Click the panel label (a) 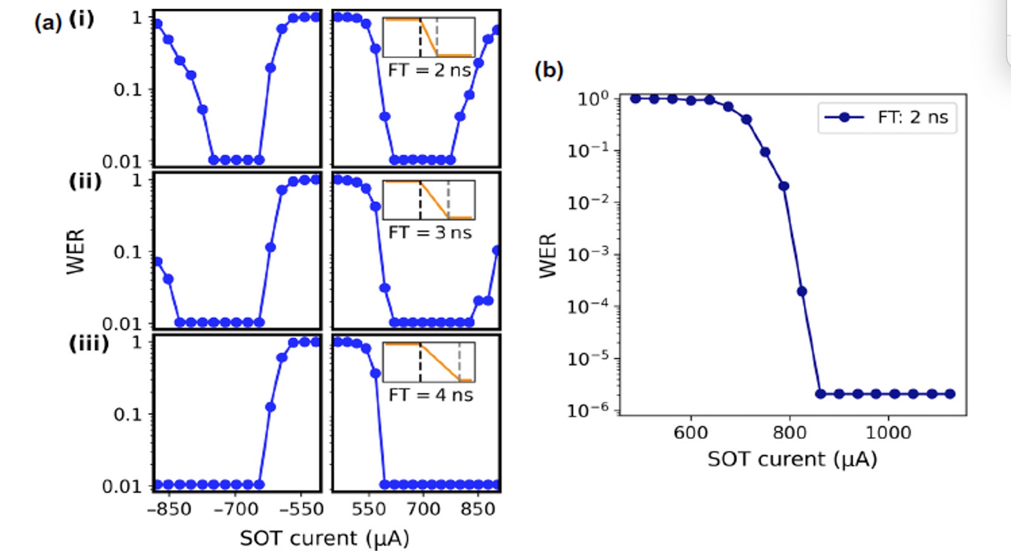tap(48, 23)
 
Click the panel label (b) tap(548, 70)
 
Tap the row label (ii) tap(85, 181)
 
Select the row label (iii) tap(89, 343)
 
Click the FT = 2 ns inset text tap(429, 70)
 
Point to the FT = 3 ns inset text tap(430, 233)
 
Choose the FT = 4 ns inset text tap(430, 395)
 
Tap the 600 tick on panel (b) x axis tap(690, 433)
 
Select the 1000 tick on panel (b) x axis tap(888, 433)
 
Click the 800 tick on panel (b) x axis tap(789, 433)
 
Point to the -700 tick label tap(235, 509)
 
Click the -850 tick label tap(169, 509)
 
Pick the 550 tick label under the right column tap(368, 509)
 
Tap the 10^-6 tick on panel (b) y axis tap(588, 409)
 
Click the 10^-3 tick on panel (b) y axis tap(588, 254)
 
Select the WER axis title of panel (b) tap(548, 256)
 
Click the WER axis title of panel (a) tap(76, 252)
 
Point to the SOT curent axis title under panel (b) tap(792, 459)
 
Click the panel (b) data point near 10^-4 tap(802, 291)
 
